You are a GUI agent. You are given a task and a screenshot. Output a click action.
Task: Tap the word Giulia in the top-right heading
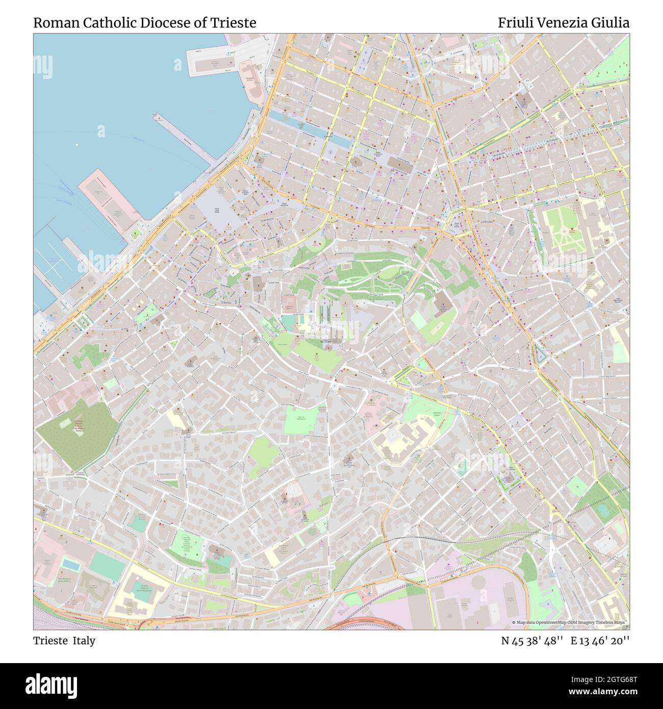point(612,23)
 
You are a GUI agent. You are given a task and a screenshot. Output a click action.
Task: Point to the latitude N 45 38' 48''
point(532,641)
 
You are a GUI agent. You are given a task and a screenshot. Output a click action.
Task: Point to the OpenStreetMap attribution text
point(570,623)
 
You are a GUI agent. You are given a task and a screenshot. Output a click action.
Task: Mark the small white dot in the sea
point(76,144)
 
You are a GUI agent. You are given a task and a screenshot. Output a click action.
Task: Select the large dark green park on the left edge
point(76,434)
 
